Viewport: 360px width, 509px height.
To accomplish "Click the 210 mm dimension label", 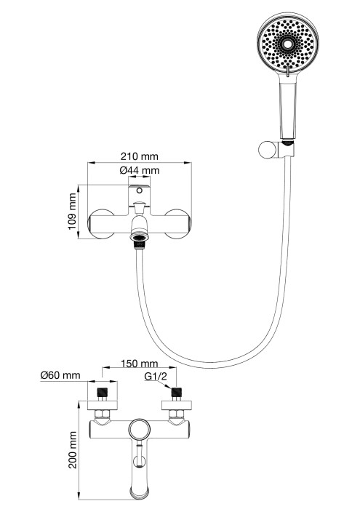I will (139, 157).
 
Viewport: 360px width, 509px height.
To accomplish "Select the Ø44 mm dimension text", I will (139, 170).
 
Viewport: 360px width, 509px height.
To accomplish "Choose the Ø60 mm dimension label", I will (60, 376).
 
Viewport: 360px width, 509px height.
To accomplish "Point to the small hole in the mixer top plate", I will (139, 191).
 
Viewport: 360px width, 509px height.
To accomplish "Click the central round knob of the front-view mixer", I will (139, 430).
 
